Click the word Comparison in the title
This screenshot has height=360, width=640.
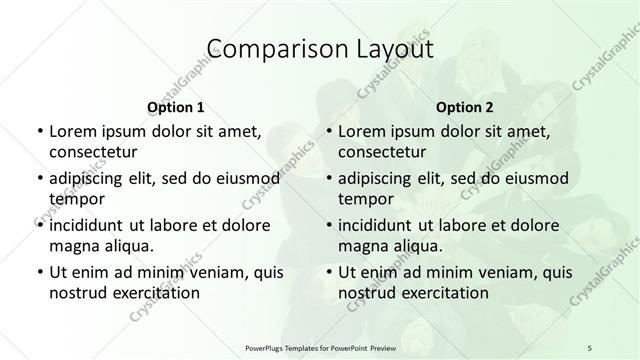point(266,49)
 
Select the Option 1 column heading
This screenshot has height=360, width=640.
point(175,106)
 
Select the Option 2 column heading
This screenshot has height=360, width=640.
point(464,106)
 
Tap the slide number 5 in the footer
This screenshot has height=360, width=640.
point(590,347)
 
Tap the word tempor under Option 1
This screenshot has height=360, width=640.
point(76,199)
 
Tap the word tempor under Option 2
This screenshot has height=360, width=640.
point(365,199)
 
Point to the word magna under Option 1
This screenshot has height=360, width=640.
point(73,245)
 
